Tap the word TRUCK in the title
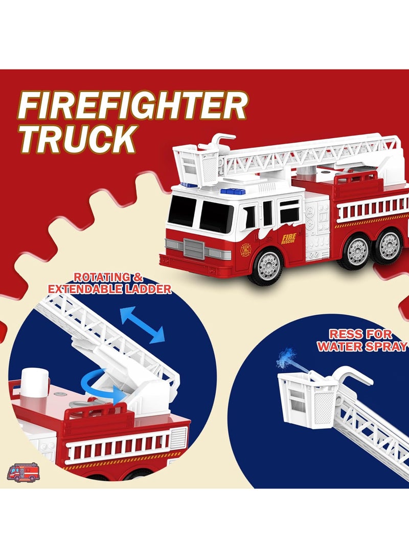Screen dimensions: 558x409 tap(78, 138)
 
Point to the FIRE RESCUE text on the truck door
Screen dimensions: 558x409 tap(289, 238)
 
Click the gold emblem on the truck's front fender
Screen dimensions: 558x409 tap(245, 250)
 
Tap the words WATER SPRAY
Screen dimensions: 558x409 tap(362, 346)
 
